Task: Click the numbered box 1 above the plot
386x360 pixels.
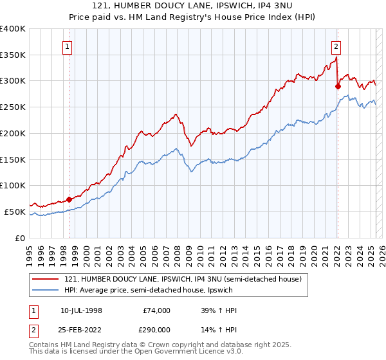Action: click(x=68, y=46)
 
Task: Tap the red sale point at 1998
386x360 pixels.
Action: click(x=69, y=199)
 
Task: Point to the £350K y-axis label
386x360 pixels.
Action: click(x=13, y=55)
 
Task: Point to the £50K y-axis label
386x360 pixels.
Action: click(x=15, y=212)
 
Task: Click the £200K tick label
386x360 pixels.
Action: click(x=13, y=134)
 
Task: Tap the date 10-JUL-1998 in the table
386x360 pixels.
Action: click(x=81, y=310)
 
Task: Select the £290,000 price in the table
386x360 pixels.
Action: click(x=157, y=329)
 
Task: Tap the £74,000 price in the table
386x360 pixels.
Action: click(x=157, y=310)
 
